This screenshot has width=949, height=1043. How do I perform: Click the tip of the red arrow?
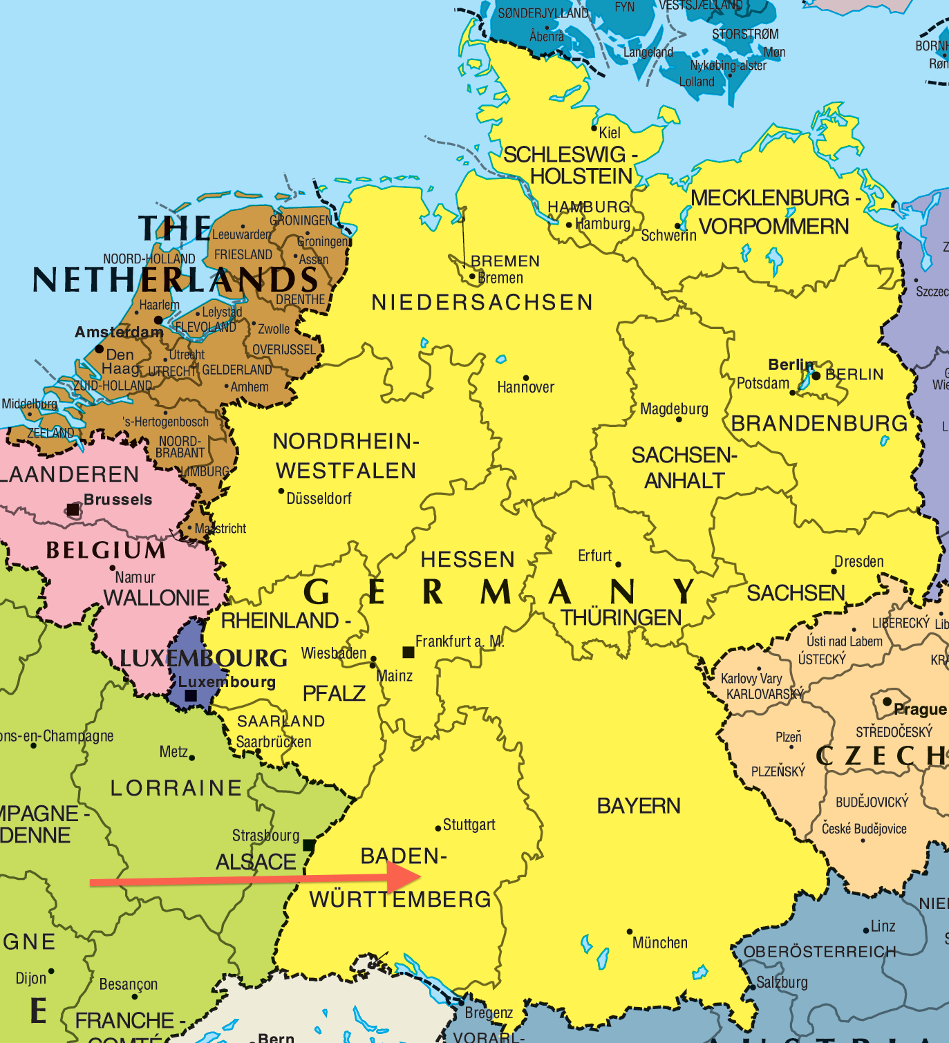[421, 877]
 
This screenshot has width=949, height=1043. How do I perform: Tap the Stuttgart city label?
[469, 825]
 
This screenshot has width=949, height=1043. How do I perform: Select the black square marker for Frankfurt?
[408, 652]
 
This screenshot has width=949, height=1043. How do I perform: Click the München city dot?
[630, 932]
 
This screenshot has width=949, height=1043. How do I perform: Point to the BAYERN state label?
[639, 806]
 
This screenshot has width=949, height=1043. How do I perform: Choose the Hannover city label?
[525, 387]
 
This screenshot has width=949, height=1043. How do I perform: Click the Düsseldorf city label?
[319, 498]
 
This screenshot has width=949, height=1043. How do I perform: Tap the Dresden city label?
[858, 561]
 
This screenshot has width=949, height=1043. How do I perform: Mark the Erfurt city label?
[594, 556]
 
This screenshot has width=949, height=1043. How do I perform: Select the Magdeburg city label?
[674, 408]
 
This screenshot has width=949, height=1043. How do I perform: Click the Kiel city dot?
[594, 128]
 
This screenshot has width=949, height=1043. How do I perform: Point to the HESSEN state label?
[468, 559]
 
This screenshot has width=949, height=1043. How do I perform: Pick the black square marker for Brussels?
[73, 510]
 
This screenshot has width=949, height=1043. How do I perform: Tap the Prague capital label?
[919, 709]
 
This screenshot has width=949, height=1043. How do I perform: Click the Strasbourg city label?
[265, 836]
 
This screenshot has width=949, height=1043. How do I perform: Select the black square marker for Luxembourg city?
[191, 696]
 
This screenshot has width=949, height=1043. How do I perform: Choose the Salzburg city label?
[782, 982]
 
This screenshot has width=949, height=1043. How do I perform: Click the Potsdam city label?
[762, 383]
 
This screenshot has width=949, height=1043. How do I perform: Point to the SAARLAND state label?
[281, 721]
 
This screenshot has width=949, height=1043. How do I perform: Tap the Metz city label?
[173, 751]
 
